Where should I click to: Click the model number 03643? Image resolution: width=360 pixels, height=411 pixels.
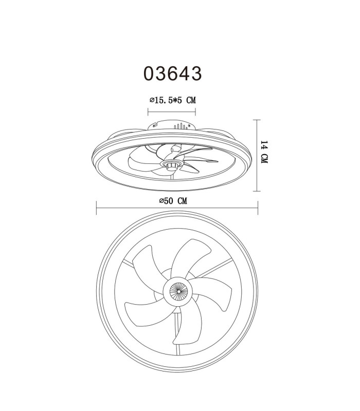click(x=173, y=73)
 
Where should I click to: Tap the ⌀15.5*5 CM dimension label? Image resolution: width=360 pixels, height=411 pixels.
click(x=173, y=100)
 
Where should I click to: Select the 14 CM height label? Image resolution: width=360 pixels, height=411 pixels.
click(x=264, y=152)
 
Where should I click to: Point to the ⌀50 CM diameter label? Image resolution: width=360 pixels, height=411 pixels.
click(x=173, y=201)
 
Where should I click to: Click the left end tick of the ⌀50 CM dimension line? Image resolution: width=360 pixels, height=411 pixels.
click(x=97, y=208)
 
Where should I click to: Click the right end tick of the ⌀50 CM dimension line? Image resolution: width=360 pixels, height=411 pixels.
click(x=258, y=208)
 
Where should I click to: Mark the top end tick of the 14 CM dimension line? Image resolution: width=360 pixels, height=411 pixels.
click(x=257, y=120)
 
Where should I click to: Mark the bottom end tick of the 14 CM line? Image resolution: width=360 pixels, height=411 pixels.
click(x=257, y=191)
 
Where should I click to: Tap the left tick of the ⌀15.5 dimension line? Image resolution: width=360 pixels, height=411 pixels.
click(x=148, y=112)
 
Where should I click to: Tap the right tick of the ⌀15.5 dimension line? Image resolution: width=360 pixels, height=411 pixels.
click(x=195, y=112)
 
